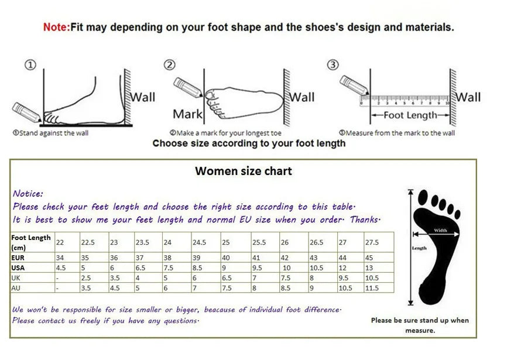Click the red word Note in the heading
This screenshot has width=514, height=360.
click(x=56, y=27)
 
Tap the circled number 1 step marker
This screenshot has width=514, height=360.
click(x=30, y=65)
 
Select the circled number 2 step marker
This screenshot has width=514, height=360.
click(x=170, y=65)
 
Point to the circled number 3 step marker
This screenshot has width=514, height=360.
click(x=333, y=65)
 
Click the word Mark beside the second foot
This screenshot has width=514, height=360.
click(x=187, y=114)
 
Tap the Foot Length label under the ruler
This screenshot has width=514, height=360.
click(x=410, y=115)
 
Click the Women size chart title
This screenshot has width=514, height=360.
click(x=243, y=171)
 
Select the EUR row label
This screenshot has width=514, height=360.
click(x=18, y=257)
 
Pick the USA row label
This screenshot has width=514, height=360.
click(x=18, y=268)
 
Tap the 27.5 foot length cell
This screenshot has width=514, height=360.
click(x=373, y=242)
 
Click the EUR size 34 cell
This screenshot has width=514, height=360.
click(x=60, y=257)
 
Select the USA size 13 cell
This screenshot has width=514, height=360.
click(x=370, y=268)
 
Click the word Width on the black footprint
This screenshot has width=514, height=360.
click(x=440, y=231)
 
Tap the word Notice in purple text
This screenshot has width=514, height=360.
click(x=28, y=194)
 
